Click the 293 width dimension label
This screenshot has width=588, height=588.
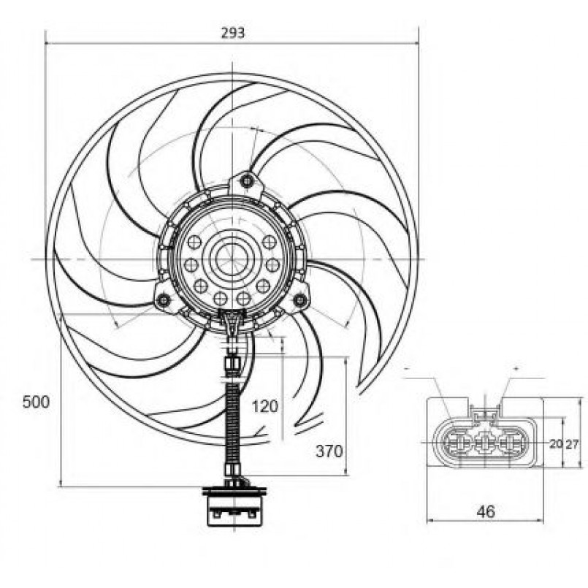coord(232,33)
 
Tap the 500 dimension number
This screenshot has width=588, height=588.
coord(36,402)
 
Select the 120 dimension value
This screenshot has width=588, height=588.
coord(265,407)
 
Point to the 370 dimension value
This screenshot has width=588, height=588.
coord(329,451)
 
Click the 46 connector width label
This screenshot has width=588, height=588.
coord(486,511)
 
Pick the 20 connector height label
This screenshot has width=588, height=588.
coord(556,444)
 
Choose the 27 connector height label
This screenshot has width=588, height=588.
coord(572,444)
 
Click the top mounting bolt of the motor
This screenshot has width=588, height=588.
coord(247,181)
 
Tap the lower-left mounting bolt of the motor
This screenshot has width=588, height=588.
coord(164,300)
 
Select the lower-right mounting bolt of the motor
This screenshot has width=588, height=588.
coord(300,299)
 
